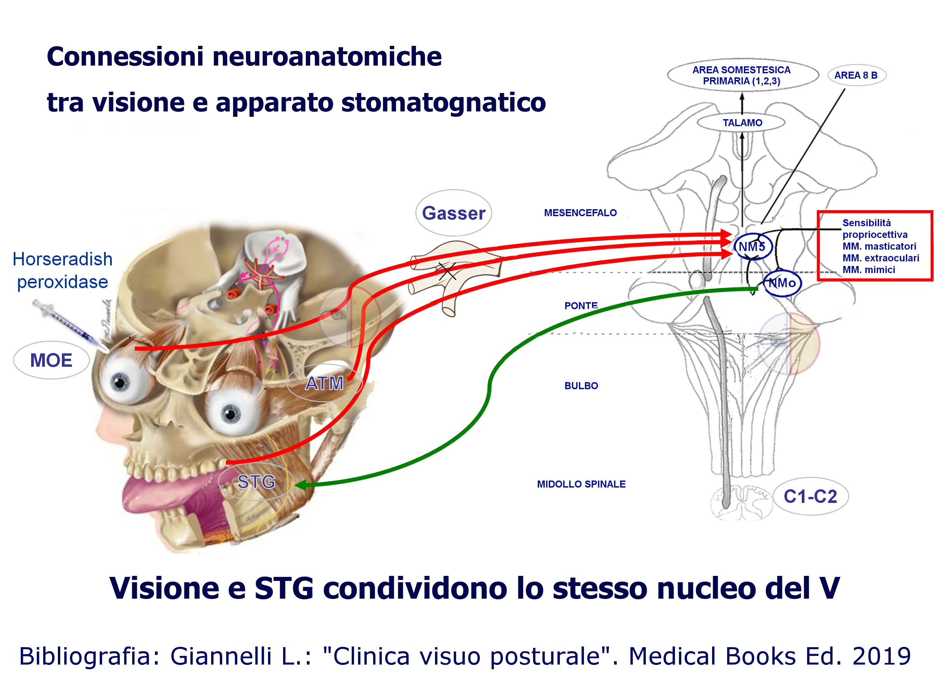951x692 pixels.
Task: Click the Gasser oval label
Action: tap(453, 213)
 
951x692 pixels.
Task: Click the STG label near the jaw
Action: tap(256, 482)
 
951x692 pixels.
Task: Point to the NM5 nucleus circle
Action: tap(753, 247)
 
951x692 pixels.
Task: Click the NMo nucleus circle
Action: tap(782, 283)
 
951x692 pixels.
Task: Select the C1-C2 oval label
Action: tap(810, 497)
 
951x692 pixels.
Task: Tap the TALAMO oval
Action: tap(742, 123)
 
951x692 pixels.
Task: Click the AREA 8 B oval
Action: tap(856, 76)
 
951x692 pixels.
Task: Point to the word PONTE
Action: tap(581, 306)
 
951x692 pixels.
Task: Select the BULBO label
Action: tap(581, 386)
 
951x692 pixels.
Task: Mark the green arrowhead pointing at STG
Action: tap(301, 485)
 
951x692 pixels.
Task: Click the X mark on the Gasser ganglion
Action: tap(447, 271)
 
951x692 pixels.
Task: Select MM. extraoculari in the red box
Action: tap(880, 258)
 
